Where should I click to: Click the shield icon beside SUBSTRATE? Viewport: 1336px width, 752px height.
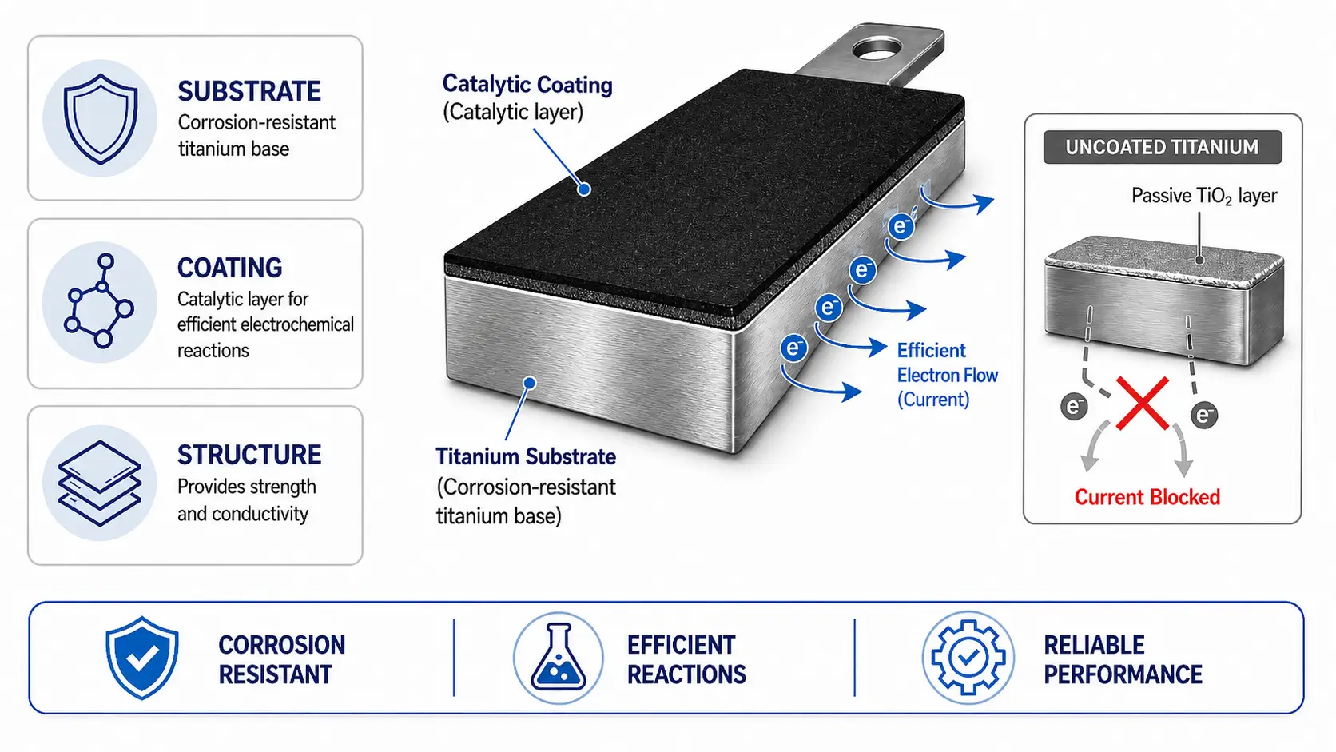(100, 118)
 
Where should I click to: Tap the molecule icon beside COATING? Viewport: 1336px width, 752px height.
(99, 302)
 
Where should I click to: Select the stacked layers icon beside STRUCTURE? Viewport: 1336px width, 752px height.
(100, 483)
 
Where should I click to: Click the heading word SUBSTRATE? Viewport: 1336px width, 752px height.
(249, 91)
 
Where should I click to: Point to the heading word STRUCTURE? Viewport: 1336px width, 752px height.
(249, 455)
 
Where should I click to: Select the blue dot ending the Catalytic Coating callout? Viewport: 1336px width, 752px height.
(585, 189)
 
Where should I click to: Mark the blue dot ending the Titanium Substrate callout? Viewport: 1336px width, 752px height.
(529, 383)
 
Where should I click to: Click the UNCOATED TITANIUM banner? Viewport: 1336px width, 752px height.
(1163, 147)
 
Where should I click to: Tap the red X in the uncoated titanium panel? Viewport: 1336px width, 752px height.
(1142, 403)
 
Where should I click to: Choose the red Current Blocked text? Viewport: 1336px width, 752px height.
(1147, 497)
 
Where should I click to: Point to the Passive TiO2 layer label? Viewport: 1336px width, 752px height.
(1204, 197)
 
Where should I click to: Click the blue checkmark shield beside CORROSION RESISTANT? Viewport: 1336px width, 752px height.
(142, 658)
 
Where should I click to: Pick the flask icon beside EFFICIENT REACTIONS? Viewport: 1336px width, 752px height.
(559, 658)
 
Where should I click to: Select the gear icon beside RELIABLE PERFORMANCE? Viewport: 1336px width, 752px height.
(968, 658)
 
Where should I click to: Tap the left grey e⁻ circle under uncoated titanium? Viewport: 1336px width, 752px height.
(1074, 407)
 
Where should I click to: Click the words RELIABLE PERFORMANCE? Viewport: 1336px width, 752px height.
(1123, 660)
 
